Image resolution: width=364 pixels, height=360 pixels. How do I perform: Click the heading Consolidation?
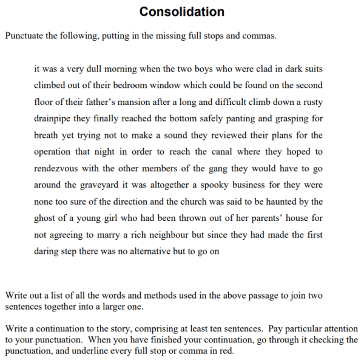pos(181,12)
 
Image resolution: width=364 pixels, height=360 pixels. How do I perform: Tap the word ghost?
pos(45,218)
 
